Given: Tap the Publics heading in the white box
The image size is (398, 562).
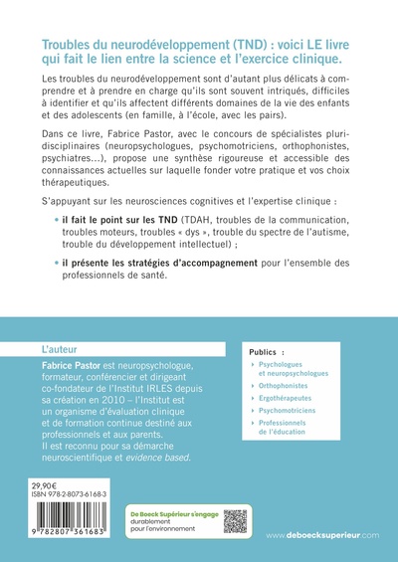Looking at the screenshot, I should click(275, 351).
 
